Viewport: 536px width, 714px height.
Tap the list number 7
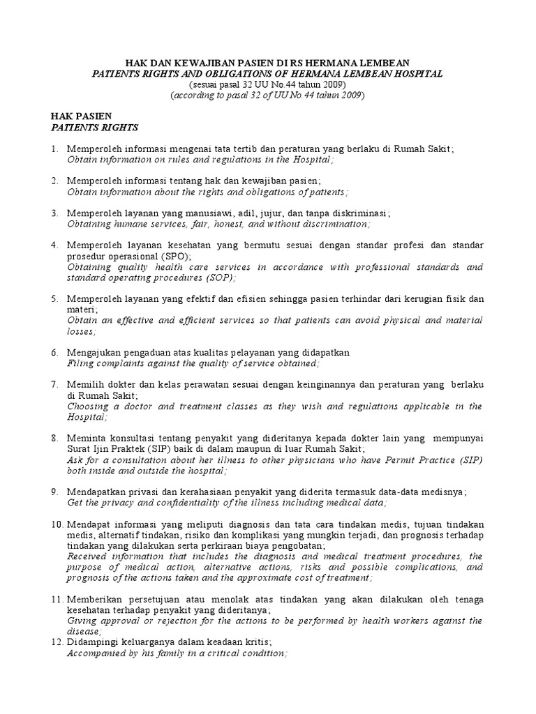tap(54, 384)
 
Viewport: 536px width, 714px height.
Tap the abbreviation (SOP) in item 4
tap(219, 278)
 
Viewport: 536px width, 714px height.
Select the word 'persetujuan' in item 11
tap(152, 599)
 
